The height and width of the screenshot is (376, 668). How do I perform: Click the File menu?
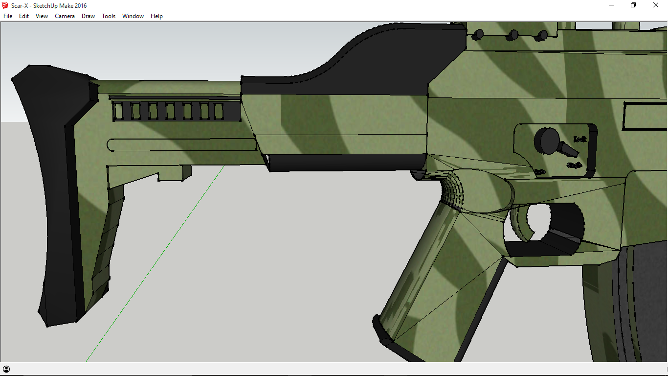8,16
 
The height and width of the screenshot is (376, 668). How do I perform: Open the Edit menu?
24,16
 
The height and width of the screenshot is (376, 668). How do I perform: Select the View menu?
42,16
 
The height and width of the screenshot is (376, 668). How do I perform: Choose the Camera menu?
65,16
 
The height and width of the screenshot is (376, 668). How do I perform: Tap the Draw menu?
88,16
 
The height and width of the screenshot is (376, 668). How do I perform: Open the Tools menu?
109,16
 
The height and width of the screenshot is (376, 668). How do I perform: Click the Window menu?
133,16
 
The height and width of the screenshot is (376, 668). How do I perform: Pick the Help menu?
156,16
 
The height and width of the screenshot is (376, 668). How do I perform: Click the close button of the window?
656,5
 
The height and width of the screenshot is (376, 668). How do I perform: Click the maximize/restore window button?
633,5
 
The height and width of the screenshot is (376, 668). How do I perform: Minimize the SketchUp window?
611,5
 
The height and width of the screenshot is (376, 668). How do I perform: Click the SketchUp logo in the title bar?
5,5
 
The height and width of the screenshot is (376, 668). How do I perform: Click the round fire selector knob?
547,140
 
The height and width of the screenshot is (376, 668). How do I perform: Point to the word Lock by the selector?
579,139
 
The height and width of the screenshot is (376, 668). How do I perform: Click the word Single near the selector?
574,165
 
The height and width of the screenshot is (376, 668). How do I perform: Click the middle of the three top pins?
512,35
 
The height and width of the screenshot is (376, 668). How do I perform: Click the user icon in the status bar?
6,369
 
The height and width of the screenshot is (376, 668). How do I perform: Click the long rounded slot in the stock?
181,145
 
